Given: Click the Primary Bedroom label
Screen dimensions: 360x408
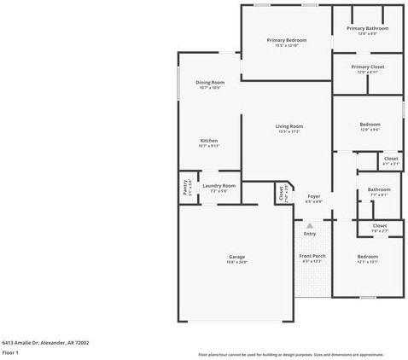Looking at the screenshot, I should (286, 40).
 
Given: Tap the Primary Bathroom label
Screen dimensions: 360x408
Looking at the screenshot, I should (367, 28).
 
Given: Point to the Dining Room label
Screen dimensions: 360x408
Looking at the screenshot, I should (209, 82).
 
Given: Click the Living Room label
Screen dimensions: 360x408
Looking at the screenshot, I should (289, 126).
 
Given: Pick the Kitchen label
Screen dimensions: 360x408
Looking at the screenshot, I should (209, 141).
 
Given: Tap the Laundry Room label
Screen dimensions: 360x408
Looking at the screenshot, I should (219, 185).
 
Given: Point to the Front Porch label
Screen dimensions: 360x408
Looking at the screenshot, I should (312, 256).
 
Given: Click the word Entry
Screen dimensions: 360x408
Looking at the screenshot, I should (310, 234).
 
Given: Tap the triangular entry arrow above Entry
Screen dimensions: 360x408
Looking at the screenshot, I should (310, 225).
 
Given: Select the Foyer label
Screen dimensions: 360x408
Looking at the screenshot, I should (313, 196).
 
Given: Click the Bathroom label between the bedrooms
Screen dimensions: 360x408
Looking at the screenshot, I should (379, 189).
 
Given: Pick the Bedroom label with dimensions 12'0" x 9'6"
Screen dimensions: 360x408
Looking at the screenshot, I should (370, 125).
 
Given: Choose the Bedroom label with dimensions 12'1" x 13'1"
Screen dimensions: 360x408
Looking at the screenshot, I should (368, 256).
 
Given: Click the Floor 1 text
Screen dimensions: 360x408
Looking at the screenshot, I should (11, 351).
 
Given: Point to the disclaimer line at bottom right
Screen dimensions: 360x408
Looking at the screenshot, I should (290, 352).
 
